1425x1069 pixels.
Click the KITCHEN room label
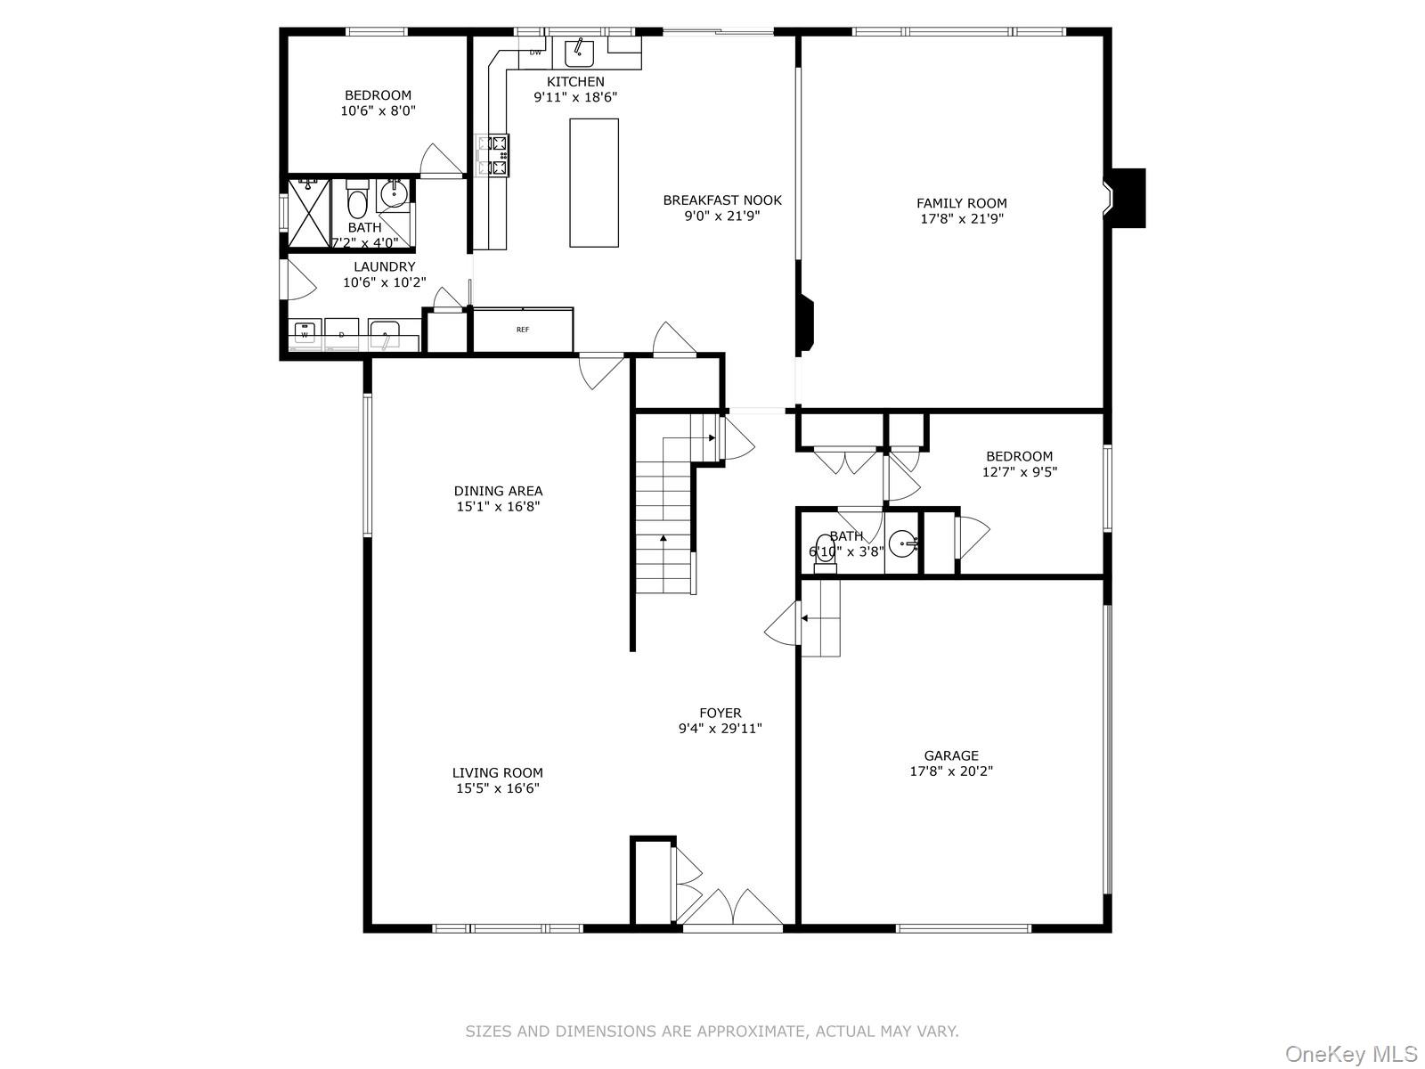[x=575, y=82]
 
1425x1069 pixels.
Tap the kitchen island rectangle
[x=594, y=183]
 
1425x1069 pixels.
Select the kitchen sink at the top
[x=580, y=53]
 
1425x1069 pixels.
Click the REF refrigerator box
[x=523, y=330]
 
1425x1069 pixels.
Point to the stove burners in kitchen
[x=493, y=154]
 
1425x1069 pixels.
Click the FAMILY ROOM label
[x=962, y=203]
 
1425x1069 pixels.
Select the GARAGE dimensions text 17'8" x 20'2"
[x=951, y=771]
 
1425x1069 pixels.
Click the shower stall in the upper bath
[x=308, y=212]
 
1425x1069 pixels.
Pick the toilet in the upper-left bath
[x=357, y=201]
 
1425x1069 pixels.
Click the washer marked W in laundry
[x=305, y=333]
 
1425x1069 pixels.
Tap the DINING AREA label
[x=498, y=491]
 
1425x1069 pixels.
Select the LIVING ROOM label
[x=497, y=773]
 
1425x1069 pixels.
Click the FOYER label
[x=720, y=713]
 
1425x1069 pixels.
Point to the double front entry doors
[x=732, y=909]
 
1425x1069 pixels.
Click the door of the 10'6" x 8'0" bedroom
[x=440, y=161]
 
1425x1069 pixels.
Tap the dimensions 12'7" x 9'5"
[x=1019, y=472]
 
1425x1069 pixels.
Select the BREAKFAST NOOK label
[x=722, y=200]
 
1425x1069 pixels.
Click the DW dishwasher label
[x=535, y=53]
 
